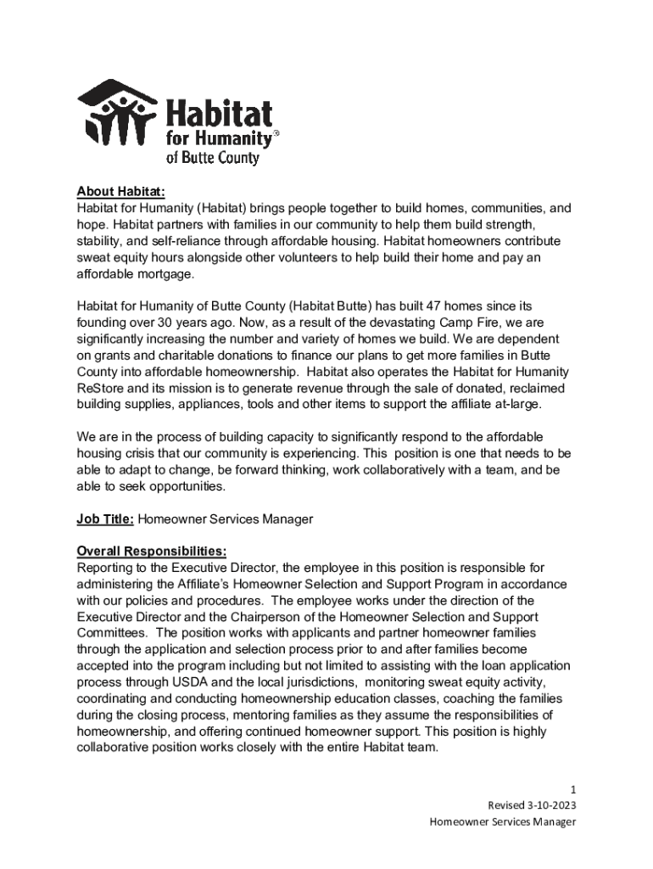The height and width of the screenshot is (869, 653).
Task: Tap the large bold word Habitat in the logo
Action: (x=218, y=115)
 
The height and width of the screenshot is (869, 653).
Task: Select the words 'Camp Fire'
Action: (x=470, y=322)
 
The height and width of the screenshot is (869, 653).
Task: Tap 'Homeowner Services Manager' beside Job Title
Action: (x=225, y=519)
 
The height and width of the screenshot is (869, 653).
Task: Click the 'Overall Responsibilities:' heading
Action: (x=151, y=551)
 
